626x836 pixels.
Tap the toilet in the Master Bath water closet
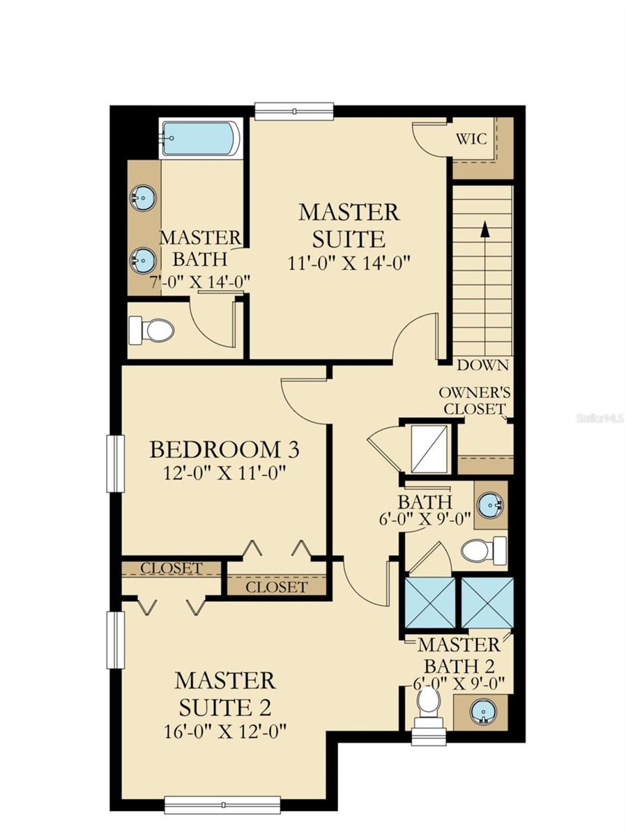151,330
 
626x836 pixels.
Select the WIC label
471,139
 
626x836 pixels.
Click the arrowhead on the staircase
484,229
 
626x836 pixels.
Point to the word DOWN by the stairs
482,365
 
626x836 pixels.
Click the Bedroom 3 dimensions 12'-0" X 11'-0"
224,474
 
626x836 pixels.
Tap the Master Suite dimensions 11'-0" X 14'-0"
349,263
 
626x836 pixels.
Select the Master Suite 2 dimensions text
224,731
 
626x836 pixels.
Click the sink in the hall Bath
491,505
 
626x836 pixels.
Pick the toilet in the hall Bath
484,551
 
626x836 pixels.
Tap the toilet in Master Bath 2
429,707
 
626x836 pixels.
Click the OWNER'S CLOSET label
475,401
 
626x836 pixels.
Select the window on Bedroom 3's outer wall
116,463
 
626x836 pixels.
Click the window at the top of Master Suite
294,111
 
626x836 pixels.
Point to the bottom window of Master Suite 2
222,792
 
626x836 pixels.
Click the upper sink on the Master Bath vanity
143,198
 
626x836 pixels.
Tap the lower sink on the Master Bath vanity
143,261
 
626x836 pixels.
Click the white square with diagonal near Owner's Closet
430,449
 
